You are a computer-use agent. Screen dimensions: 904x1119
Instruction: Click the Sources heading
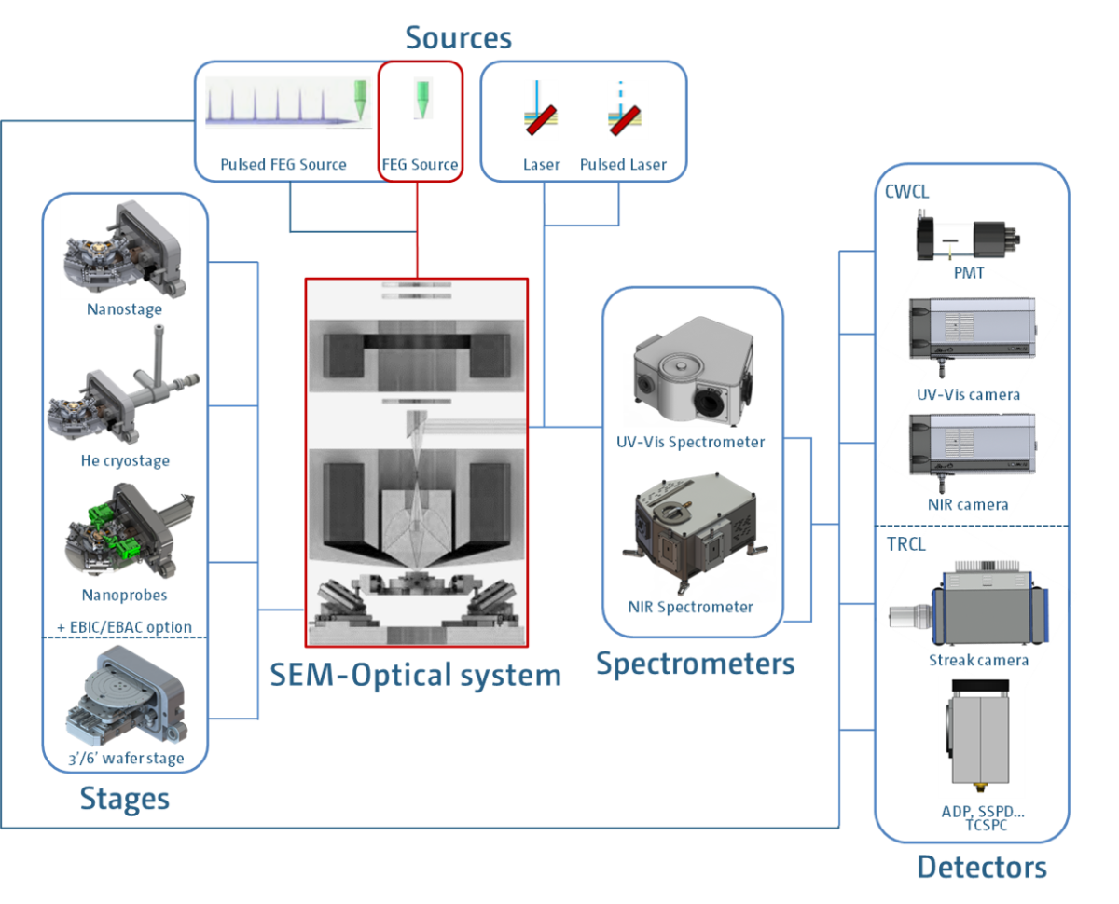click(x=458, y=38)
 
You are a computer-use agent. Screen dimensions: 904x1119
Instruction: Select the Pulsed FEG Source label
click(x=283, y=165)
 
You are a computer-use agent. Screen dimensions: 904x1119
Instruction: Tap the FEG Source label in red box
click(x=420, y=165)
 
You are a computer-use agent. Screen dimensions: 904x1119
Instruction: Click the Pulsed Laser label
click(x=624, y=165)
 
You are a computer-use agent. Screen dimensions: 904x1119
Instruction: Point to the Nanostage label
click(x=125, y=309)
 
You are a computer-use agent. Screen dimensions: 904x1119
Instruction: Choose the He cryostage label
click(x=125, y=460)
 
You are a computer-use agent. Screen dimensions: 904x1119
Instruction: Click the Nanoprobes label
click(x=125, y=594)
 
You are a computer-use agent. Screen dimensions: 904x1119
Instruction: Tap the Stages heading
click(x=125, y=799)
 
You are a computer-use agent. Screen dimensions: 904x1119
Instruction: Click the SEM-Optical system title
click(x=416, y=675)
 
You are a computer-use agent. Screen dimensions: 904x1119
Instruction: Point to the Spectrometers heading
click(x=695, y=664)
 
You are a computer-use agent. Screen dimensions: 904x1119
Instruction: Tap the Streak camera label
click(x=978, y=660)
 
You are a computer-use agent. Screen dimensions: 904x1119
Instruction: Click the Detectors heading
click(x=981, y=868)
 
